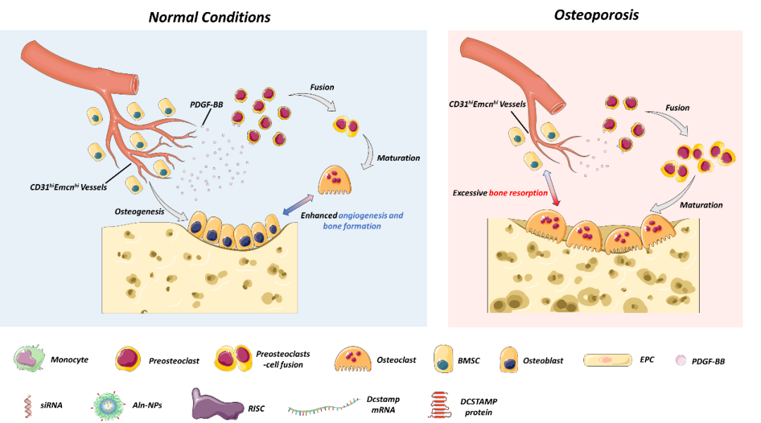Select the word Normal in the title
click(173, 18)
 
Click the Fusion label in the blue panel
click(322, 87)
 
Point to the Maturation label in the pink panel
click(701, 205)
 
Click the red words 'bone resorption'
click(519, 192)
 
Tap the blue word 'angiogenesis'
click(371, 215)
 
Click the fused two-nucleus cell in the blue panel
click(345, 126)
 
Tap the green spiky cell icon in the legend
click(28, 359)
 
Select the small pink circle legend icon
click(680, 360)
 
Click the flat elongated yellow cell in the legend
click(607, 360)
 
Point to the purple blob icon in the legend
click(216, 405)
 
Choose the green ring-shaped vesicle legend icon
click(109, 405)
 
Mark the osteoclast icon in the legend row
click(352, 359)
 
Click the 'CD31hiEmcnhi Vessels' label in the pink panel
click(488, 104)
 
